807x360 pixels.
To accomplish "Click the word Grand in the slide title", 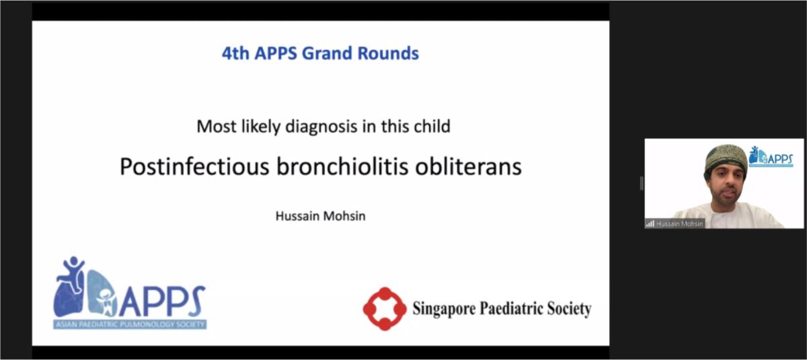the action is tap(327, 53).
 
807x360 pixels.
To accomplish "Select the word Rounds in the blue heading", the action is tap(388, 53).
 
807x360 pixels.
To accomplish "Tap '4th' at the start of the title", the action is tap(235, 53).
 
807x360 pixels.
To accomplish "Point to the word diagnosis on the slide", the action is tap(321, 127).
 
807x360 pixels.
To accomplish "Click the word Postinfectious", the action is tap(194, 166).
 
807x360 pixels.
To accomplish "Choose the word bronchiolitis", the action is tap(342, 166).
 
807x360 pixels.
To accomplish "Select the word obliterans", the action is tap(468, 166).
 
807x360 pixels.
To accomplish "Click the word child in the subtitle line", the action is tap(432, 126).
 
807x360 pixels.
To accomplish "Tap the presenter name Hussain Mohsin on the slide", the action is tap(320, 216).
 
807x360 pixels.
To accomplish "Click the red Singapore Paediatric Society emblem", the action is tap(385, 309).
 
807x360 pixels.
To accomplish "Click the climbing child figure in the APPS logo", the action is tap(72, 274).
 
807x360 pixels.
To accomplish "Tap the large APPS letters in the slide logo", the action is tap(162, 301).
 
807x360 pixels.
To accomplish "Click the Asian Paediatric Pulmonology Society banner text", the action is tap(130, 324).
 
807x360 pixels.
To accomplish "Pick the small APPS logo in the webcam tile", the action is tap(771, 156).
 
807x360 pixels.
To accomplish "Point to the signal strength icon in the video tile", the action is tap(650, 224).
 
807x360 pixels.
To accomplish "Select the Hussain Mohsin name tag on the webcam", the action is tap(679, 224).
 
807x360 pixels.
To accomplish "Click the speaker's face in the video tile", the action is tap(726, 186).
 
